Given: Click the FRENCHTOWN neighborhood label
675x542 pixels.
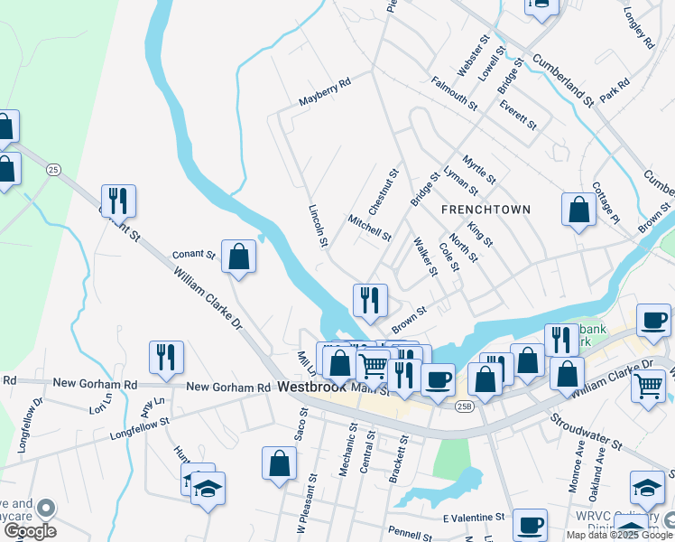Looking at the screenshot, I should coord(485,209).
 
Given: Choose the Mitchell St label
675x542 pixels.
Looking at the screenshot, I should coord(369,228).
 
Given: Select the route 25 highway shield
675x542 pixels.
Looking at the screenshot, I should coord(53,170).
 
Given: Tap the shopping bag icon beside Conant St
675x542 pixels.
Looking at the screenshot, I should coord(238,257).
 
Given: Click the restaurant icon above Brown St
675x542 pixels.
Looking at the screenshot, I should coord(370,300).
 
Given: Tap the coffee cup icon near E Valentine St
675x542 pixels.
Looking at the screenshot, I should coord(530,524).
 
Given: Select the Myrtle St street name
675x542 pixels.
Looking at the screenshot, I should coord(478,169).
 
